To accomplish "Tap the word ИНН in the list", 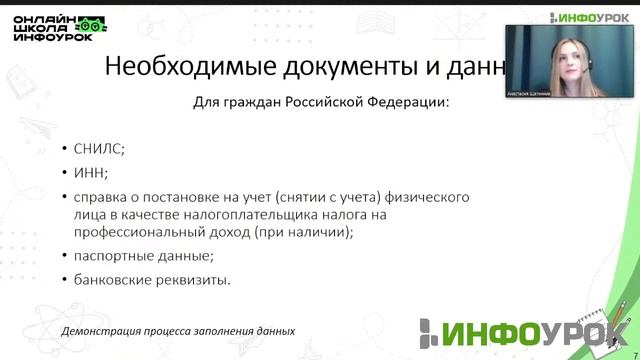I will (x=88, y=171).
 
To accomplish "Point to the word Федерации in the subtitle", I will (x=407, y=102).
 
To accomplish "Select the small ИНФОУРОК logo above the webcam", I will (x=589, y=16).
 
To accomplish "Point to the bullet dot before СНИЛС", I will (x=65, y=148).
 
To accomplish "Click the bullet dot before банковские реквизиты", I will (x=65, y=281).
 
